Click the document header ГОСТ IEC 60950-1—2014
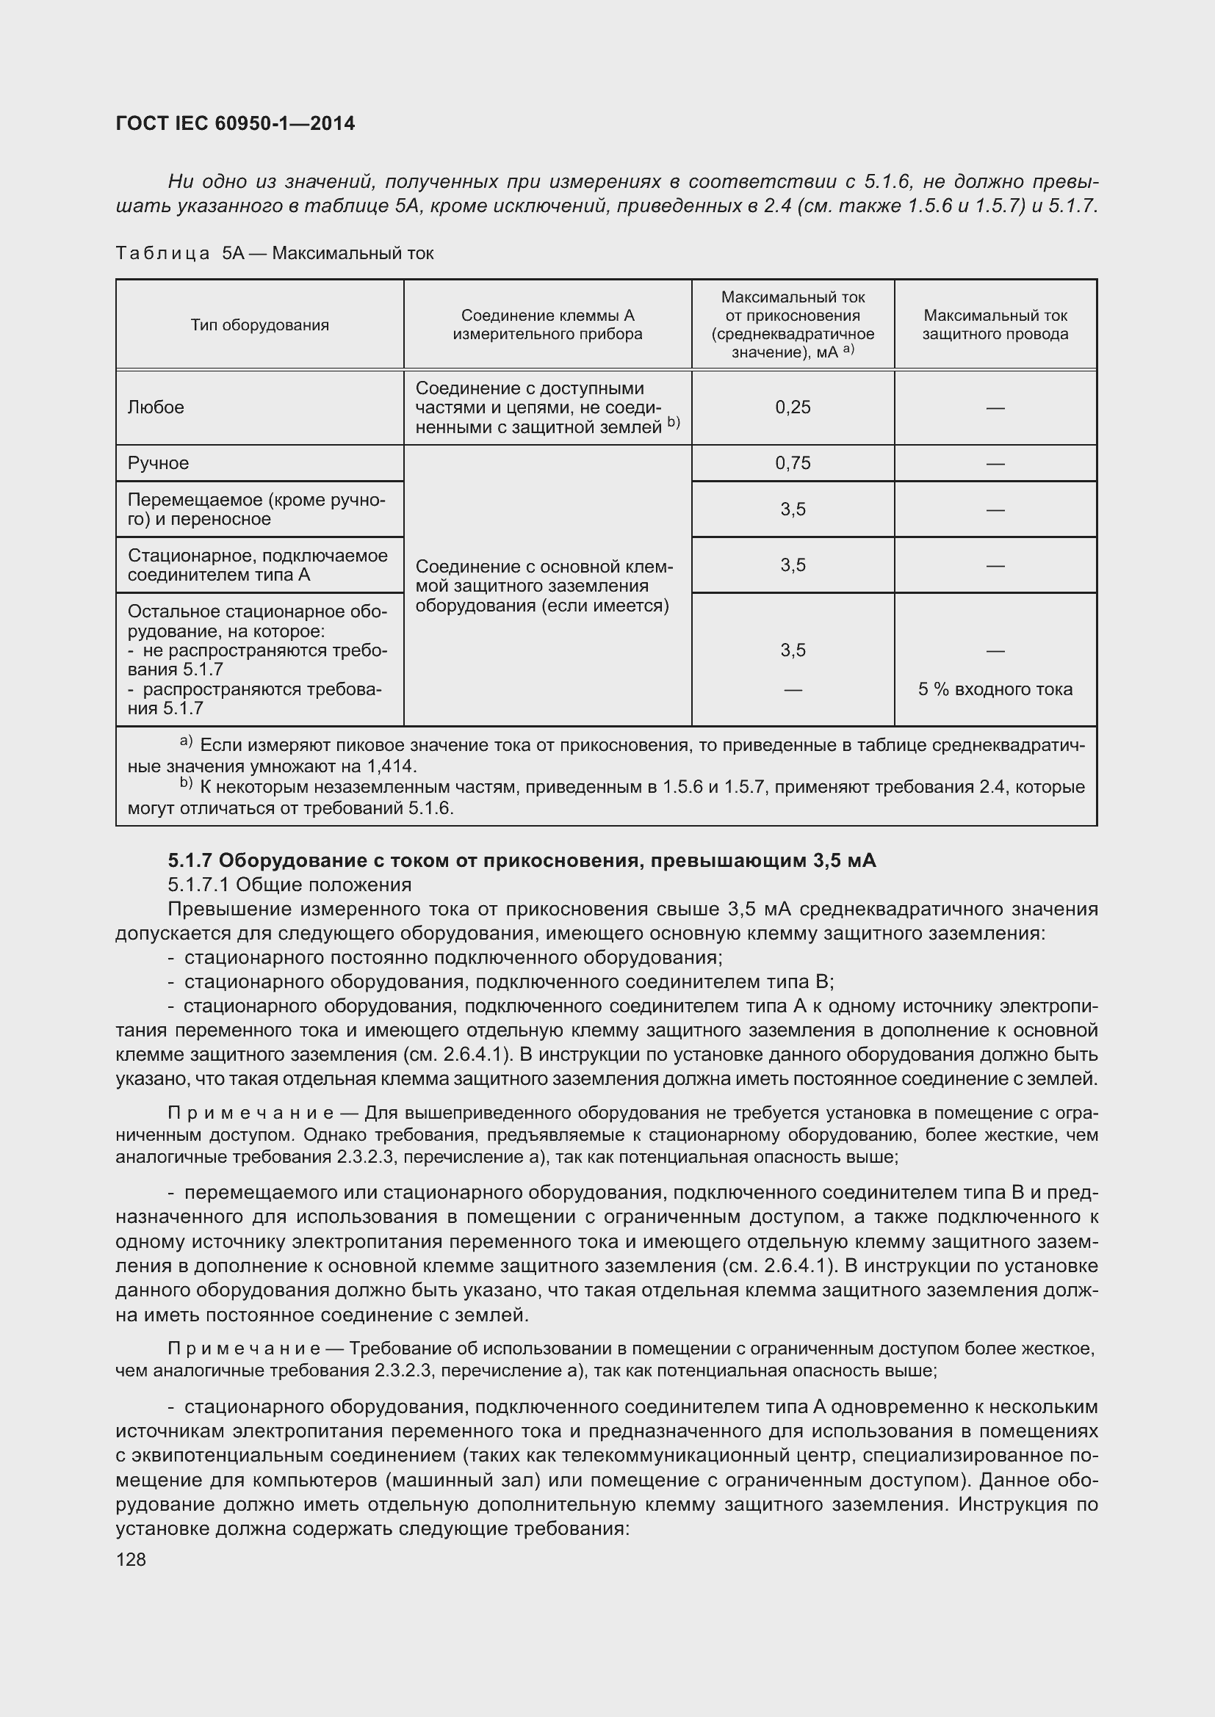tap(235, 123)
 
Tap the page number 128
tap(131, 1559)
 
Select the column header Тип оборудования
tap(259, 325)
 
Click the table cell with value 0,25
tap(793, 407)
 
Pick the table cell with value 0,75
tap(793, 463)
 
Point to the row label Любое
tap(156, 407)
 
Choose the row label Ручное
tap(159, 463)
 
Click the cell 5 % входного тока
tap(995, 689)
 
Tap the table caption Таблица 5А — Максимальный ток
tap(275, 253)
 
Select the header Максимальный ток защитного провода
tap(995, 325)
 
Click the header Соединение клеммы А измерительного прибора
tap(547, 325)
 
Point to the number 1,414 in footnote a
tap(392, 766)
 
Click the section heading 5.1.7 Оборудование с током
tap(522, 861)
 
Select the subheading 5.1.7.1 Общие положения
tap(289, 885)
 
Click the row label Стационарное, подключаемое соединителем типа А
tap(257, 565)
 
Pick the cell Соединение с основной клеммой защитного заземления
tap(544, 587)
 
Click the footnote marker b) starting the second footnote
tap(187, 785)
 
